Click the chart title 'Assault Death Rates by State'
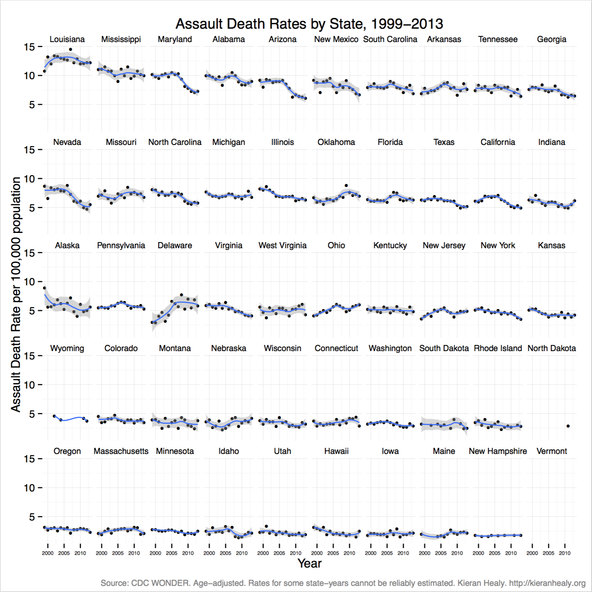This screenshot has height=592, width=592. (309, 24)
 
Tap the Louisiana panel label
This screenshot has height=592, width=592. (67, 39)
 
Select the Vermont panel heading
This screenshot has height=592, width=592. (551, 451)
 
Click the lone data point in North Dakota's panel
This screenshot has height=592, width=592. (568, 426)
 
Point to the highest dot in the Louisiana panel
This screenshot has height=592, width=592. (70, 49)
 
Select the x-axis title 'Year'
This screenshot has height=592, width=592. (309, 563)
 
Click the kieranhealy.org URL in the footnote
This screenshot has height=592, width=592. (547, 583)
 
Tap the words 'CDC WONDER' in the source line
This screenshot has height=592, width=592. (160, 583)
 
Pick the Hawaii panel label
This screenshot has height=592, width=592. (336, 451)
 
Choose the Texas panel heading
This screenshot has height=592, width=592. (444, 142)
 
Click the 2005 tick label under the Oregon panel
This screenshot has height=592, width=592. (64, 553)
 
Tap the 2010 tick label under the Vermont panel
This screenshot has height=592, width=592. (564, 553)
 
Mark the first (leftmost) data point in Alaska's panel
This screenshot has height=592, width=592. (44, 288)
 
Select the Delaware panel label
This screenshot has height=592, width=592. (175, 246)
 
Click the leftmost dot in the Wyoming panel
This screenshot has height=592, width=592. (54, 416)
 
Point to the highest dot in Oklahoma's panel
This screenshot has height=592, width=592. (346, 185)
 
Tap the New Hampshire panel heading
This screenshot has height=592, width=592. (498, 451)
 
